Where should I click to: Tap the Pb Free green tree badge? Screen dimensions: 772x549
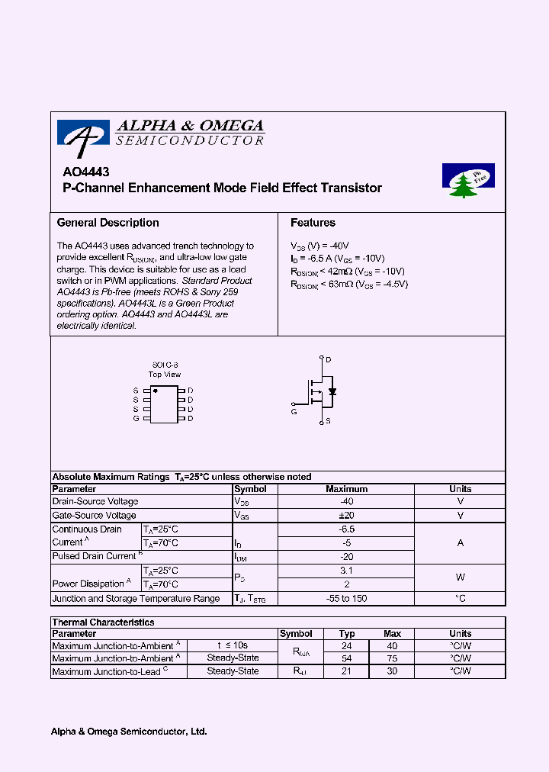pyautogui.click(x=467, y=182)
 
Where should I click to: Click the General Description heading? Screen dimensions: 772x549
pyautogui.click(x=108, y=223)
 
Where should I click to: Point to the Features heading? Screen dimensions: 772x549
pyautogui.click(x=313, y=223)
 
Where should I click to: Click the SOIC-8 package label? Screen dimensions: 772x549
pyautogui.click(x=164, y=365)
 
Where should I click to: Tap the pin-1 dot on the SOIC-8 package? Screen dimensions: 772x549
pyautogui.click(x=156, y=391)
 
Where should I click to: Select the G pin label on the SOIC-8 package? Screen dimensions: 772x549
pyautogui.click(x=136, y=418)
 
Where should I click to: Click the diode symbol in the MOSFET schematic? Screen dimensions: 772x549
pyautogui.click(x=332, y=391)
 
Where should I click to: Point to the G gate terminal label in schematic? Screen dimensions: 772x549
pyautogui.click(x=294, y=411)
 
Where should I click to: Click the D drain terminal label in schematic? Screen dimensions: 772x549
pyautogui.click(x=329, y=359)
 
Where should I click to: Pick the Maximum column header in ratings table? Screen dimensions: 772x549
pyautogui.click(x=347, y=489)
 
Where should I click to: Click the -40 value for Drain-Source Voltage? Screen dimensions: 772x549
pyautogui.click(x=347, y=502)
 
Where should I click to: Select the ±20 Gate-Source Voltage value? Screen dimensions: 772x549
pyautogui.click(x=347, y=516)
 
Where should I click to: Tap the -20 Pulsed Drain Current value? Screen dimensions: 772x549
pyautogui.click(x=347, y=557)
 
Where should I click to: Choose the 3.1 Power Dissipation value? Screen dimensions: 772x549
pyautogui.click(x=347, y=571)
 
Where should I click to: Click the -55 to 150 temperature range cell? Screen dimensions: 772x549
pyautogui.click(x=347, y=599)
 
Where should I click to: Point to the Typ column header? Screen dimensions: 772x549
pyautogui.click(x=347, y=634)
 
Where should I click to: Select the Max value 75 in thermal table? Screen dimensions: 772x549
pyautogui.click(x=392, y=658)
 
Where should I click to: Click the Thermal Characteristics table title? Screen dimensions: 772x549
pyautogui.click(x=103, y=622)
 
